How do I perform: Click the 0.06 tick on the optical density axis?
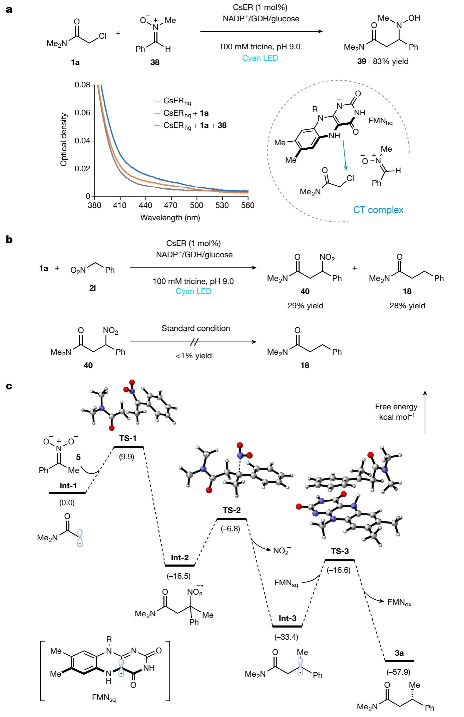pyautogui.click(x=82, y=113)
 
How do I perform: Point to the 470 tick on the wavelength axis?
pyautogui.click(x=170, y=205)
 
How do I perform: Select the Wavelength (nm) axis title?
pyautogui.click(x=170, y=218)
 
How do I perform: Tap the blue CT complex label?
pyautogui.click(x=378, y=210)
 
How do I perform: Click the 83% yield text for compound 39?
pyautogui.click(x=391, y=61)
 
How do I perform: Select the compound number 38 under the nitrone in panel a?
pyautogui.click(x=155, y=62)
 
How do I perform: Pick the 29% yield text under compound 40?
pyautogui.click(x=306, y=306)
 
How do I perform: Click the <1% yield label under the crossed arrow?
pyautogui.click(x=194, y=356)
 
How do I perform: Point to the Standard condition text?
pyautogui.click(x=196, y=328)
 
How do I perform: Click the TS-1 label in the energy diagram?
pyautogui.click(x=128, y=438)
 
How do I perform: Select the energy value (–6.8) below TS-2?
pyautogui.click(x=230, y=529)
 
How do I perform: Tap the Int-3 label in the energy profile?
pyautogui.click(x=288, y=618)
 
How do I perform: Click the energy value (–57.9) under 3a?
pyautogui.click(x=398, y=672)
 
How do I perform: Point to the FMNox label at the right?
pyautogui.click(x=400, y=602)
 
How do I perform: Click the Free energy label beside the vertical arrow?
pyautogui.click(x=396, y=407)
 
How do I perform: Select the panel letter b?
pyautogui.click(x=9, y=239)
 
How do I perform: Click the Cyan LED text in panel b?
pyautogui.click(x=193, y=291)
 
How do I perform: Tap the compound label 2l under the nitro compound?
pyautogui.click(x=93, y=288)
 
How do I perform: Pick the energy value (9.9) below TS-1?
pyautogui.click(x=127, y=457)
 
